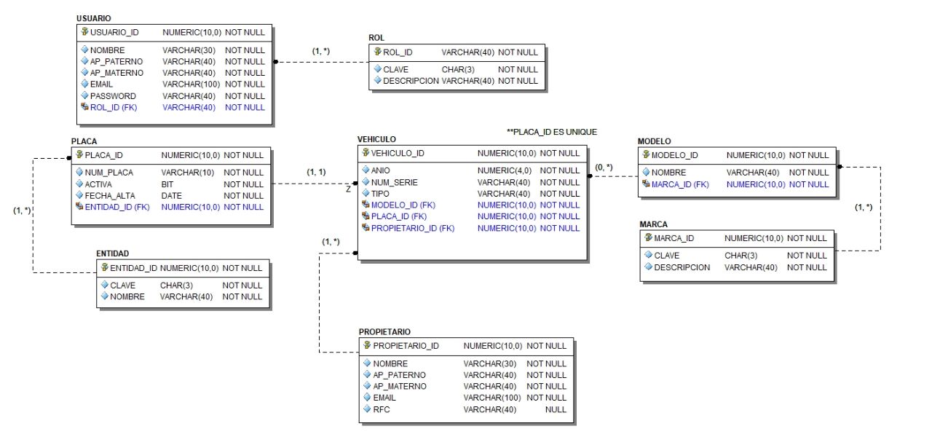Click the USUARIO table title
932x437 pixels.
(x=94, y=17)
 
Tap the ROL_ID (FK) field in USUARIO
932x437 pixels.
(x=114, y=107)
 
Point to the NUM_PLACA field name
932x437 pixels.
(x=109, y=173)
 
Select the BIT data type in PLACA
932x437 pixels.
(x=167, y=184)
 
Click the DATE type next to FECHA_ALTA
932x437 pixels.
(x=172, y=196)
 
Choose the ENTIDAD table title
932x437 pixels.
(x=113, y=253)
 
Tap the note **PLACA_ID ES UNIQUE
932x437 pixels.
(x=551, y=132)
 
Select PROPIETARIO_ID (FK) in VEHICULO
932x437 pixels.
(x=413, y=228)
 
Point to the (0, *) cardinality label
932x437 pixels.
(x=604, y=168)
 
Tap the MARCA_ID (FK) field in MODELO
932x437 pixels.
(x=680, y=184)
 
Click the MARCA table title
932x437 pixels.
(x=652, y=224)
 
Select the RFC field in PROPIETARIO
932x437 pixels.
(x=382, y=409)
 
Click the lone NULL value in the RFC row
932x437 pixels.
(x=556, y=409)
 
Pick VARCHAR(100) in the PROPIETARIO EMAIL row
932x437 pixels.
(x=491, y=398)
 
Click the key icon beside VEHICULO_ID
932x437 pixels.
(x=366, y=153)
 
